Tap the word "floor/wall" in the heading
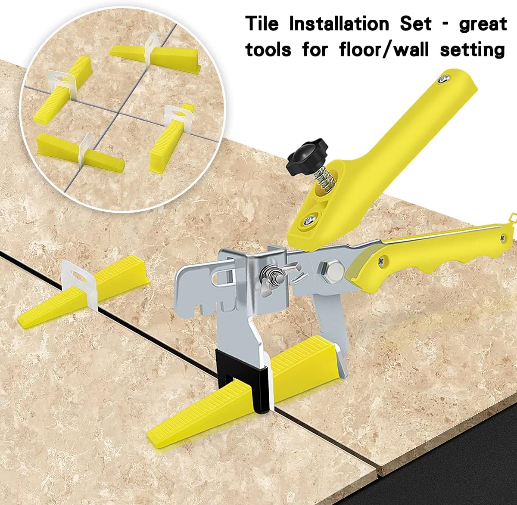coord(385,50)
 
